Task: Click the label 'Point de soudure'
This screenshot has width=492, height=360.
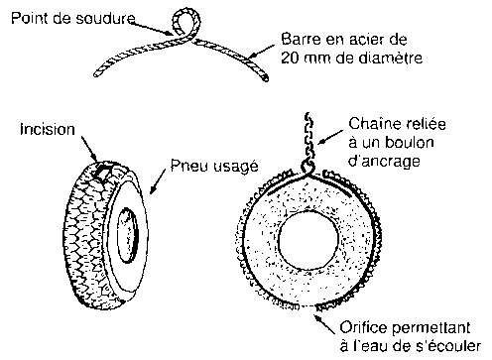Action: tap(73, 18)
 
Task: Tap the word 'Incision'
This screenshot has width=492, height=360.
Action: tap(48, 129)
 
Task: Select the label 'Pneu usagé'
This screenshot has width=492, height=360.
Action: tap(214, 166)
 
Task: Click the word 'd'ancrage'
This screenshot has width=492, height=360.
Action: tap(384, 162)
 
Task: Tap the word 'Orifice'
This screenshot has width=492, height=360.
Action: tap(363, 327)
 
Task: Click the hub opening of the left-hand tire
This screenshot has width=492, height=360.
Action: tap(128, 235)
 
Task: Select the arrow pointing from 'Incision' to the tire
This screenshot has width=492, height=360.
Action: tap(89, 148)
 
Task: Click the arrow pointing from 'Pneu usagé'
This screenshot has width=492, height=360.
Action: tap(158, 180)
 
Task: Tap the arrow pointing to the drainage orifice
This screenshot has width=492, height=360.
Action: tap(324, 323)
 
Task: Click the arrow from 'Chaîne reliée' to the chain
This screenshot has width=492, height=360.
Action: tap(330, 137)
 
